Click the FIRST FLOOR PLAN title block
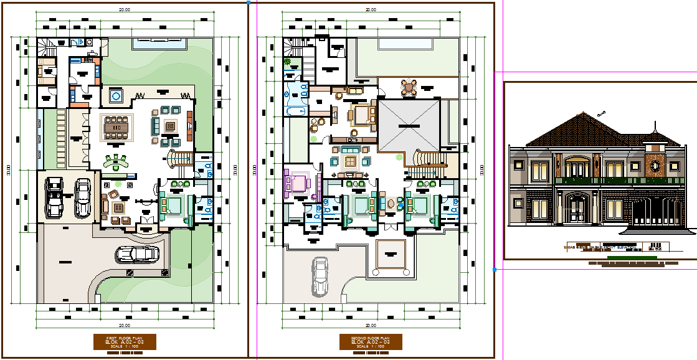[125, 342]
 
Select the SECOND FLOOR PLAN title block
[371, 342]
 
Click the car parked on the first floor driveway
[136, 254]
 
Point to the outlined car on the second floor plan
[321, 275]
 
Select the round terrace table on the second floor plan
[408, 88]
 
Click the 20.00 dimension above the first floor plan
[125, 9]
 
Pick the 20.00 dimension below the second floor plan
[371, 325]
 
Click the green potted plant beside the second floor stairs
[287, 62]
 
